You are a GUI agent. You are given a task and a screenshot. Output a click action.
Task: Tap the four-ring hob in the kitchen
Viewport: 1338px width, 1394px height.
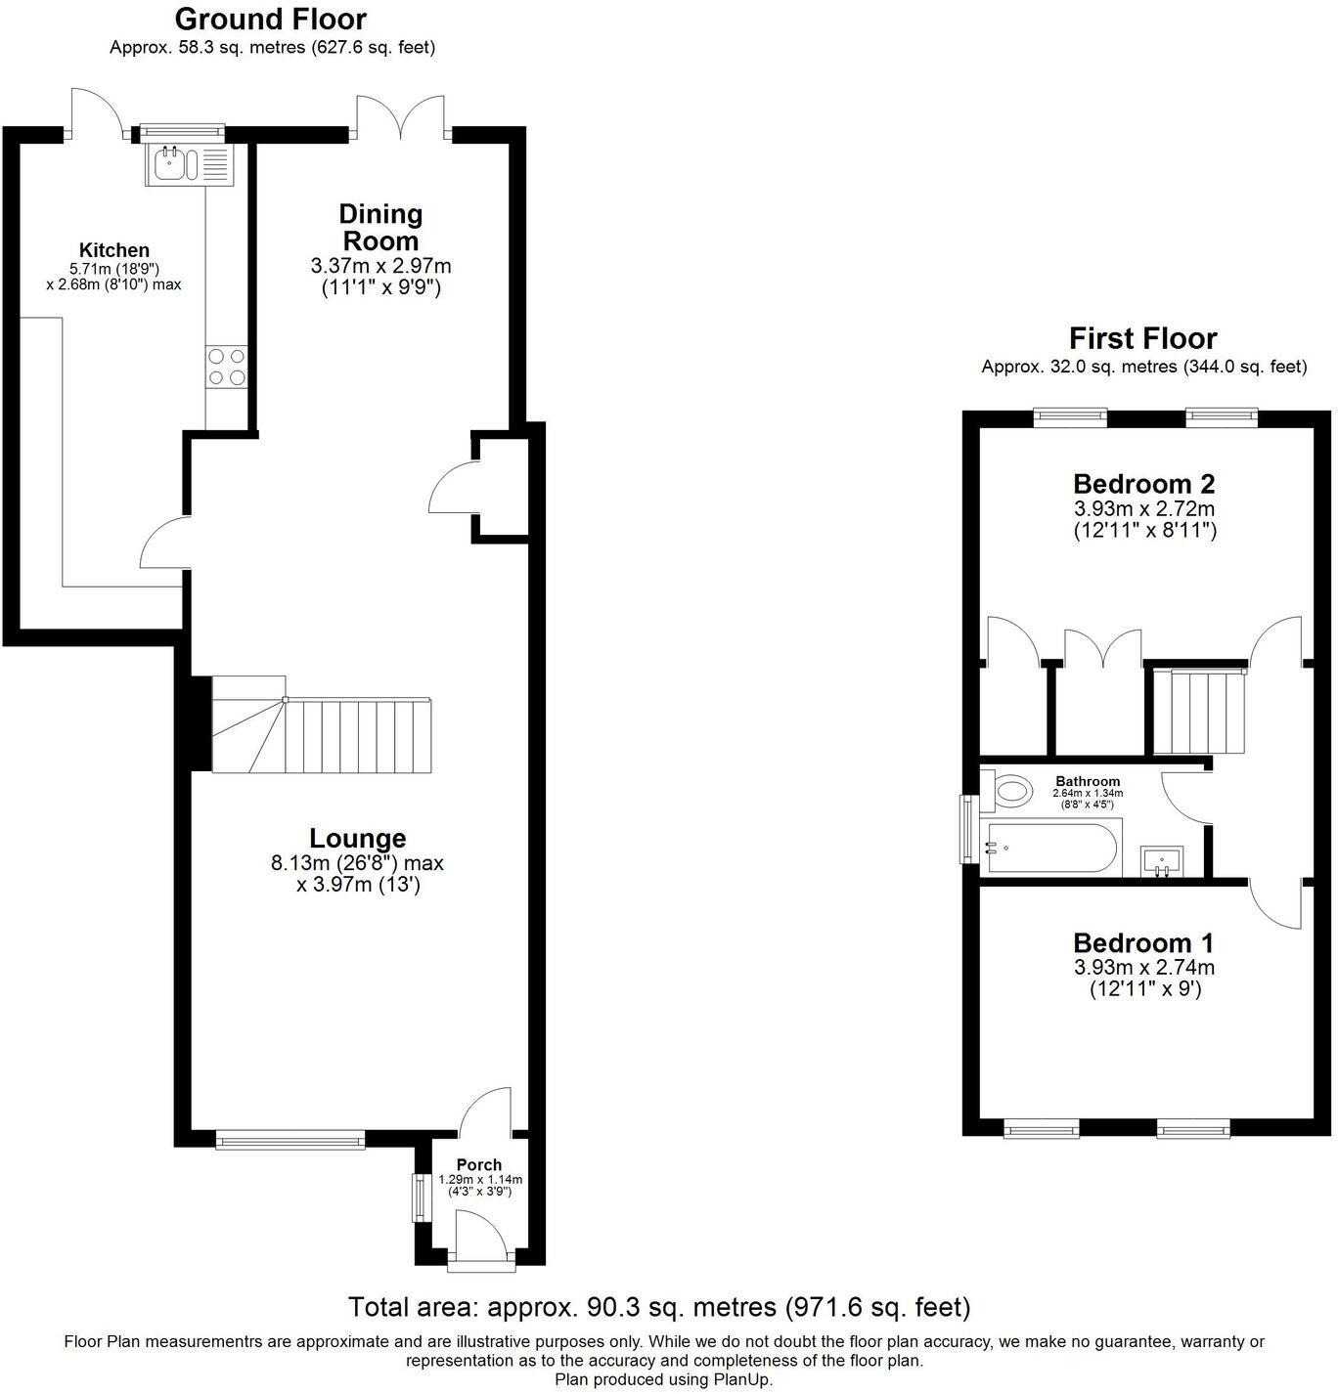pyautogui.click(x=226, y=368)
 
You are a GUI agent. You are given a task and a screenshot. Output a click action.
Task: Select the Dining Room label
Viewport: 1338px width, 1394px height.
pyautogui.click(x=379, y=227)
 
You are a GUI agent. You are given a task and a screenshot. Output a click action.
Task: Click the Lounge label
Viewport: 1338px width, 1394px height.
pyautogui.click(x=357, y=838)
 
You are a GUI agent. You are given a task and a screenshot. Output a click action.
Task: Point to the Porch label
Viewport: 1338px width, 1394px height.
pyautogui.click(x=479, y=1164)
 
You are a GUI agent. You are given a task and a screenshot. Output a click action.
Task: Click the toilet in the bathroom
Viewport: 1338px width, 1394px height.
pyautogui.click(x=1008, y=790)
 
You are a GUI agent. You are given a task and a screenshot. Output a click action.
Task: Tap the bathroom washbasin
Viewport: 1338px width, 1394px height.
pyautogui.click(x=1163, y=861)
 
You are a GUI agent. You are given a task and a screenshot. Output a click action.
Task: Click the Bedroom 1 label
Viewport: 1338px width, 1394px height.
pyautogui.click(x=1143, y=943)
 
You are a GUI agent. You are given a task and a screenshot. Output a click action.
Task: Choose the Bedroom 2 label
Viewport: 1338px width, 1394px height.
pyautogui.click(x=1143, y=484)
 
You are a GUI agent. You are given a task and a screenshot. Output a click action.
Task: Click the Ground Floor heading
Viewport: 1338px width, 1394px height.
pyautogui.click(x=271, y=19)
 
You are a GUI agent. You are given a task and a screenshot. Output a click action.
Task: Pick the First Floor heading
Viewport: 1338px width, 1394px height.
pyautogui.click(x=1142, y=338)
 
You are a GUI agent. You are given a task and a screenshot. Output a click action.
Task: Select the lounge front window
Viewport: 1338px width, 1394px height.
pyautogui.click(x=290, y=1138)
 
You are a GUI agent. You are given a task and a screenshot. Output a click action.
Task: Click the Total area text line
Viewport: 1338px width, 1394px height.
pyautogui.click(x=659, y=1307)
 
